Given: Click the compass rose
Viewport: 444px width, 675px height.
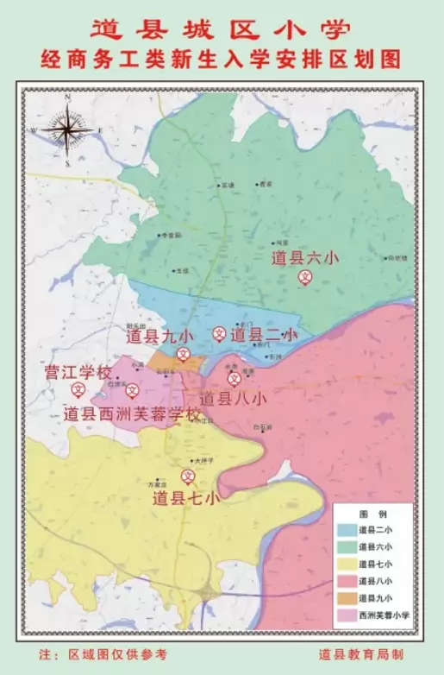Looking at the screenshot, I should (x=66, y=129).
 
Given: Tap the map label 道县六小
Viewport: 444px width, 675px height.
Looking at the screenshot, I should (x=305, y=257).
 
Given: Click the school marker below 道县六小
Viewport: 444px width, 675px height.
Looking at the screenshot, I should (x=305, y=276).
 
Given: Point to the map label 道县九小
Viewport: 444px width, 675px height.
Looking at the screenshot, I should (x=160, y=336).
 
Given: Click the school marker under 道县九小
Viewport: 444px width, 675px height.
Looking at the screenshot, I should (x=183, y=353).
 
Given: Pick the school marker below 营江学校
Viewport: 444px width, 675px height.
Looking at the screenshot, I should (x=77, y=391).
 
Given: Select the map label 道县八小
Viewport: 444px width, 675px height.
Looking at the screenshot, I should (x=233, y=399).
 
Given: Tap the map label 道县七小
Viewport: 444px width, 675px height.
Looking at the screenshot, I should (x=185, y=497).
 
